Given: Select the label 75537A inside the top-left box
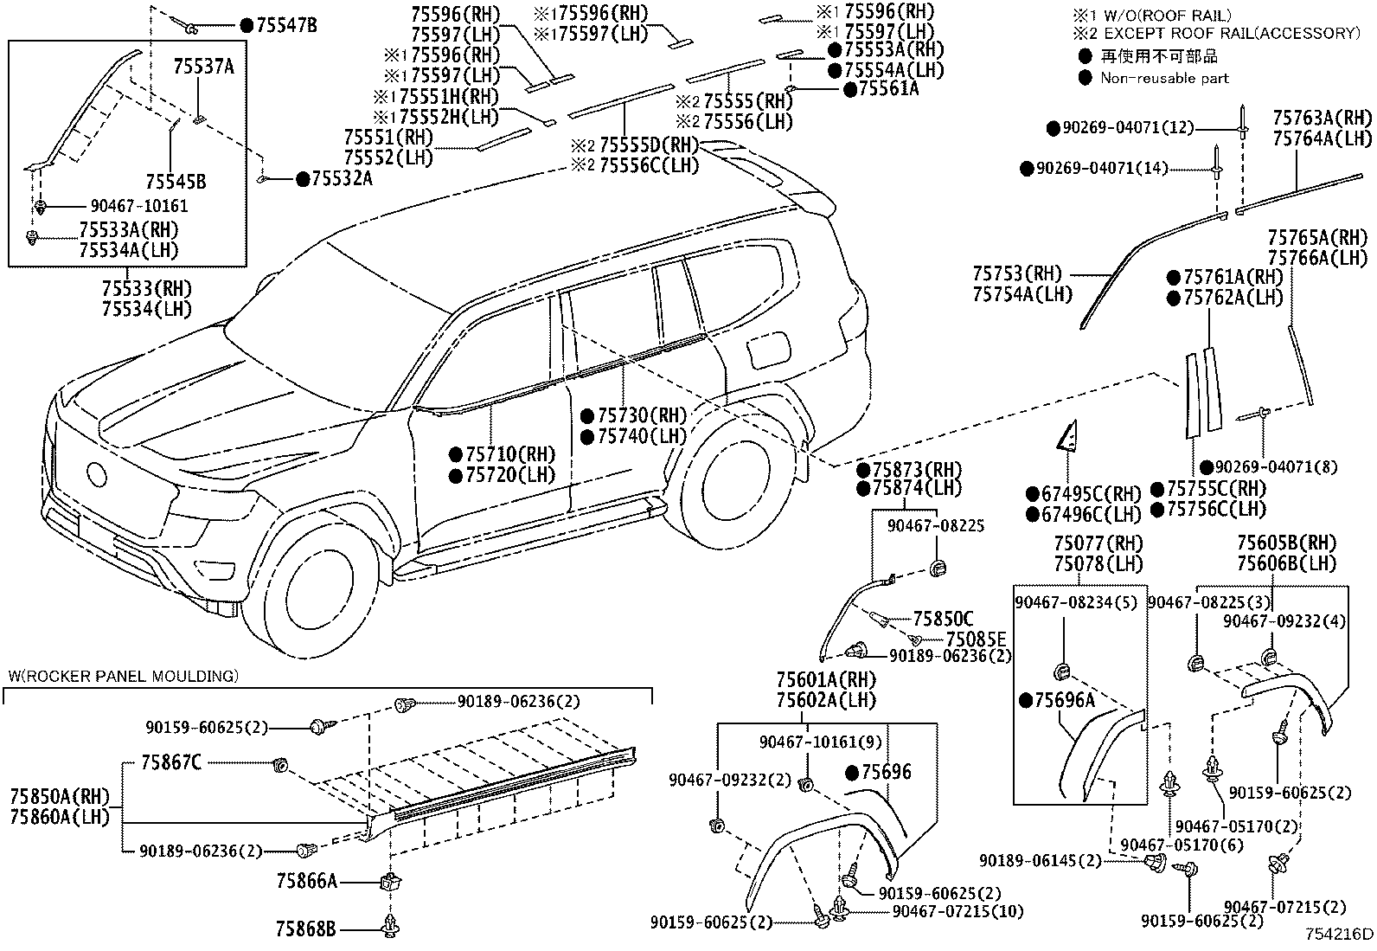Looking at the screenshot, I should (x=203, y=67).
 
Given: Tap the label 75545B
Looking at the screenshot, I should (x=176, y=182).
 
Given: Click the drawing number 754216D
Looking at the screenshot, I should (x=1339, y=934).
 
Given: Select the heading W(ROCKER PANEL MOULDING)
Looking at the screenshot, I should (x=123, y=675).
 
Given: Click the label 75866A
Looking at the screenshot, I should (x=306, y=881).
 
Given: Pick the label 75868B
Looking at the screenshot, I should (x=306, y=930).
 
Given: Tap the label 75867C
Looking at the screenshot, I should (x=171, y=763).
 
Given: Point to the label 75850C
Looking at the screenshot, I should (x=943, y=619).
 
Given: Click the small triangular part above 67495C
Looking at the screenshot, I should (x=1065, y=436).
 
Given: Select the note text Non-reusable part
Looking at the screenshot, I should (x=1164, y=78).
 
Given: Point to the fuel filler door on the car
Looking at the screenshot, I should (x=766, y=350).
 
